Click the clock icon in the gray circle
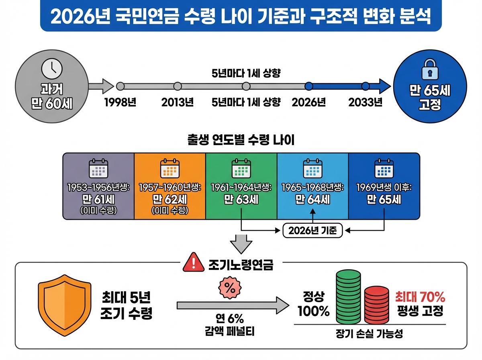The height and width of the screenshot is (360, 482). [52, 68]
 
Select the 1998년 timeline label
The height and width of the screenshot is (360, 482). [120, 102]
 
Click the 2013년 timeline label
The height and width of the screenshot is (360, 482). [178, 102]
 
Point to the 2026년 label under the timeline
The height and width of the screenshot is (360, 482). [308, 102]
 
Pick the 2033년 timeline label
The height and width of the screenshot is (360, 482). [365, 102]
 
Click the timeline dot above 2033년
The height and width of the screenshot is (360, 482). [365, 86]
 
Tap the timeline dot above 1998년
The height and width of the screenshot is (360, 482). [120, 86]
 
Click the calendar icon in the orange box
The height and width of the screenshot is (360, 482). [170, 169]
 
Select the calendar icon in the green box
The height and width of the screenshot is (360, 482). [241, 169]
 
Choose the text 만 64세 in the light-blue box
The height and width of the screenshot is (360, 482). [312, 200]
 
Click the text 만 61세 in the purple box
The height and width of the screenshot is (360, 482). [98, 200]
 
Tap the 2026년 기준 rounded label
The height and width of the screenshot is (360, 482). [313, 231]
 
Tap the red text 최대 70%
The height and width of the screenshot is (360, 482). [420, 297]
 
